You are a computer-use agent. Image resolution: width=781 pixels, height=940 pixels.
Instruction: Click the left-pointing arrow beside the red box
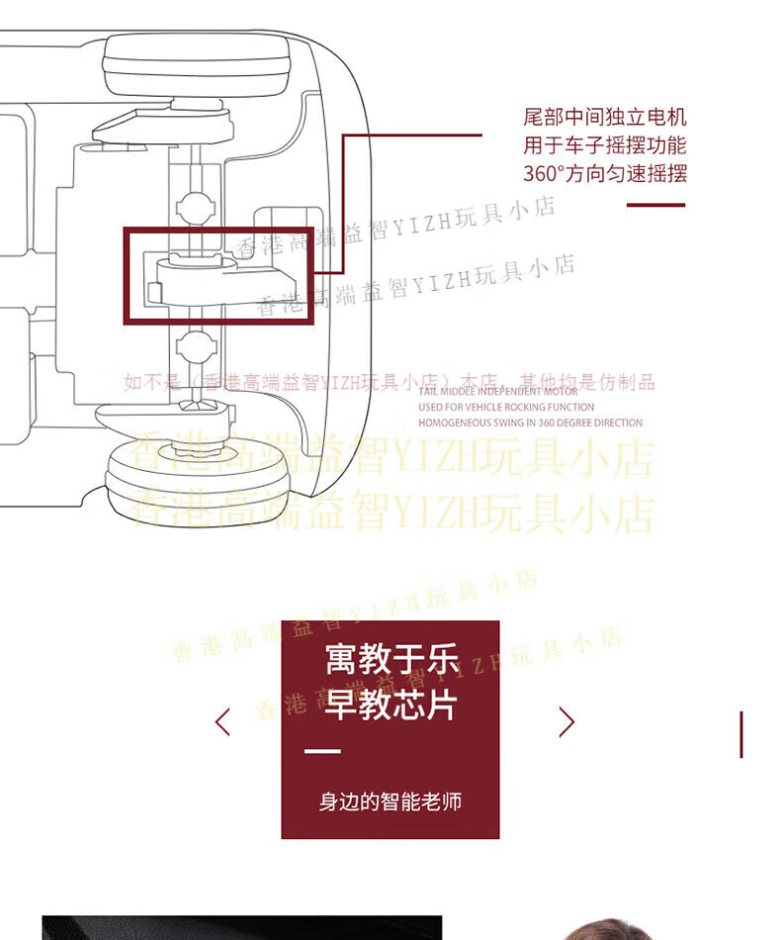(222, 721)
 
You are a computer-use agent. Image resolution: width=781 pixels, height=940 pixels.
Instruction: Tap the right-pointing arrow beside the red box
(566, 721)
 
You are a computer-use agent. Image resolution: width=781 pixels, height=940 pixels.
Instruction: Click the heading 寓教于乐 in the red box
(391, 659)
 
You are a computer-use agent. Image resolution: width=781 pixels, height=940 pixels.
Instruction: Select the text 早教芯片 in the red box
(391, 705)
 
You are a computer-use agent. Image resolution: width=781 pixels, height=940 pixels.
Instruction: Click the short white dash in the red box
(322, 752)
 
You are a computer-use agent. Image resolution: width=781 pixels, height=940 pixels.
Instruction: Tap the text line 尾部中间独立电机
(604, 118)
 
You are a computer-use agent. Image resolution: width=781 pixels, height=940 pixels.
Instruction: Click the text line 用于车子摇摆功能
(604, 145)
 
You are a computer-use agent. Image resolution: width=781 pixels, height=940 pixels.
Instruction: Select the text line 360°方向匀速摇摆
(604, 174)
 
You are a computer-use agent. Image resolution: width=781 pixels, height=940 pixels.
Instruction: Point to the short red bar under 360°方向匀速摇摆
(656, 205)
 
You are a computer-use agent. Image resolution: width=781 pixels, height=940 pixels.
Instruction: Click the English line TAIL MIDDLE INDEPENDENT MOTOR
(498, 391)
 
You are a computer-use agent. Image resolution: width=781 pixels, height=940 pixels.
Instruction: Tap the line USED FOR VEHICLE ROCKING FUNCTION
(506, 407)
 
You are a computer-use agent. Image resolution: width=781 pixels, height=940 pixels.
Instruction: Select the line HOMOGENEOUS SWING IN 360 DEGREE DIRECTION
(530, 423)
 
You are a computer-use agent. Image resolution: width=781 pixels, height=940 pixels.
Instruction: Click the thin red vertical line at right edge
(741, 733)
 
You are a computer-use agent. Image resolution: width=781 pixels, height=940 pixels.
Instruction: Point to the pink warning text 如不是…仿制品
(389, 383)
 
